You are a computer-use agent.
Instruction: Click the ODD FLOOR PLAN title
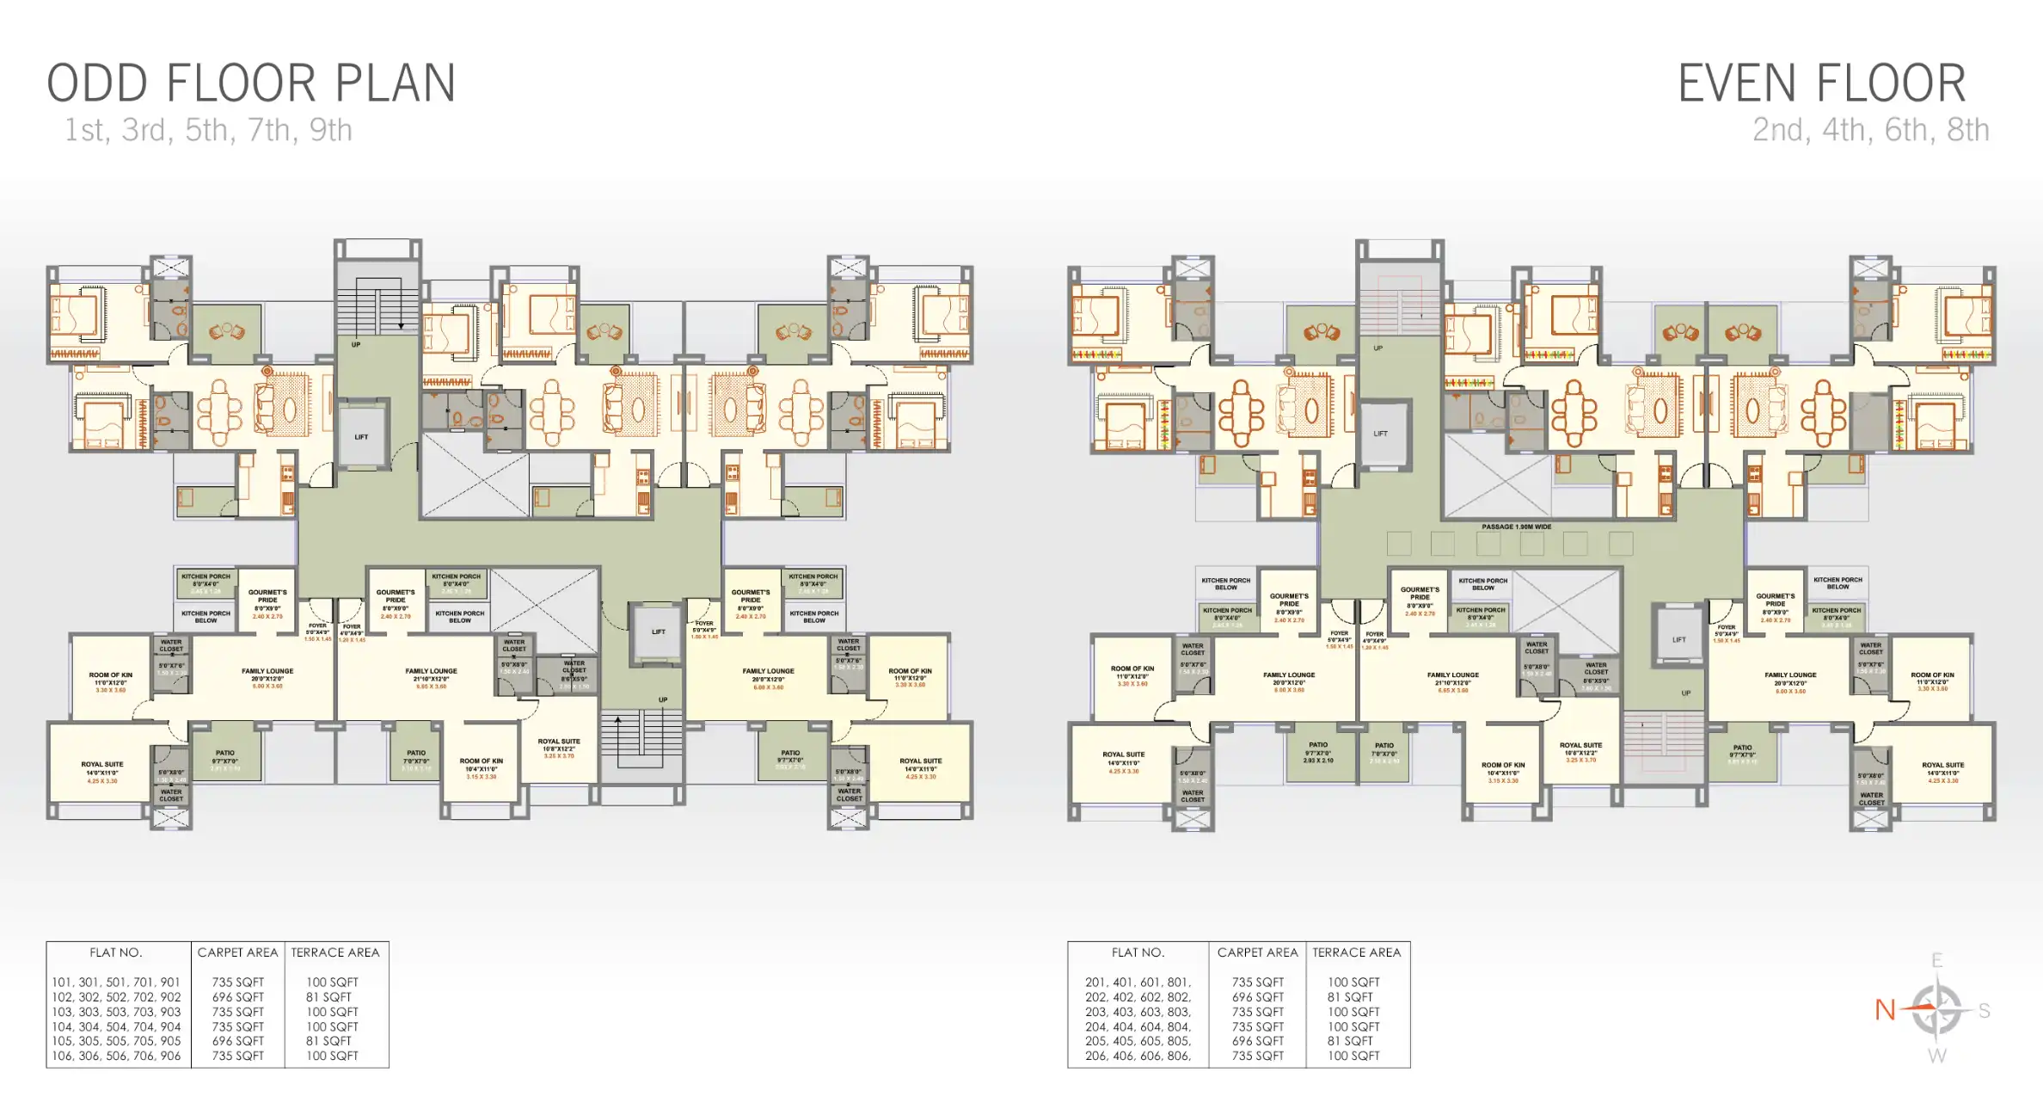coord(250,83)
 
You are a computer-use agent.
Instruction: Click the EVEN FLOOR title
coord(1821,83)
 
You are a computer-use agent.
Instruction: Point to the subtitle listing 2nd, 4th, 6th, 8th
coord(1870,130)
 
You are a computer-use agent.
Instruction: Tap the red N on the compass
coord(1885,1010)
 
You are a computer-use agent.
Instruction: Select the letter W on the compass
coord(1936,1056)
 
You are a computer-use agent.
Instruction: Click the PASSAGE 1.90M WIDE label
coord(1516,527)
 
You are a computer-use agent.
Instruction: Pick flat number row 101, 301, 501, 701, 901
coord(116,982)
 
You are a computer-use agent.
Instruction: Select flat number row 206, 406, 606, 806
coord(1138,1056)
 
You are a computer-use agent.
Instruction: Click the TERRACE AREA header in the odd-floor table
coord(334,952)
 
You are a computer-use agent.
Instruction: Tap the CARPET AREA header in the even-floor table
coord(1257,952)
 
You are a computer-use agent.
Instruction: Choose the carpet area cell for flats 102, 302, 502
coord(238,997)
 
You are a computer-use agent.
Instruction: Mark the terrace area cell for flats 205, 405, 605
coord(1350,1041)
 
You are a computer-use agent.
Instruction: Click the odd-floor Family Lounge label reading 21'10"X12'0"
coord(431,678)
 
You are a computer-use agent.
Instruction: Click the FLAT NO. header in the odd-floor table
coord(116,952)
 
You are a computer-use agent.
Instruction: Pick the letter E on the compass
coord(1936,961)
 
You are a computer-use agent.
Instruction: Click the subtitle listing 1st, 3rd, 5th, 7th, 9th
coord(208,130)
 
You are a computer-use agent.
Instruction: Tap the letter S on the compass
coord(1984,1010)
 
